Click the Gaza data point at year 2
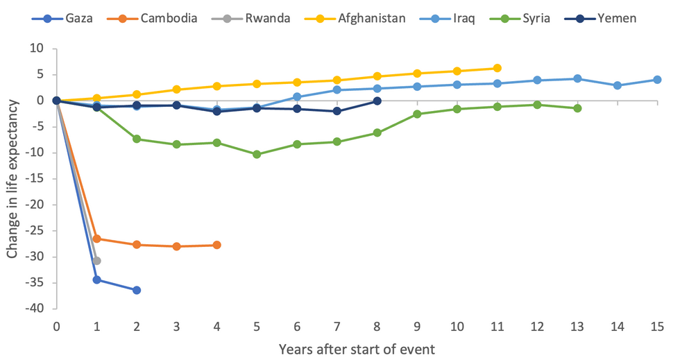tap(137, 290)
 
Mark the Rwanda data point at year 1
tap(96, 261)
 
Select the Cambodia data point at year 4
tap(216, 245)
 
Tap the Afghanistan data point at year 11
tap(497, 68)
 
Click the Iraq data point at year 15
tap(657, 80)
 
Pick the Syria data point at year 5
tap(257, 154)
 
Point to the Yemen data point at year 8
tap(377, 101)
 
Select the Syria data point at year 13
tap(577, 108)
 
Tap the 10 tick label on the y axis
tap(37, 49)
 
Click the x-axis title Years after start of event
tap(357, 349)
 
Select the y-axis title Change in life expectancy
tap(12, 179)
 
